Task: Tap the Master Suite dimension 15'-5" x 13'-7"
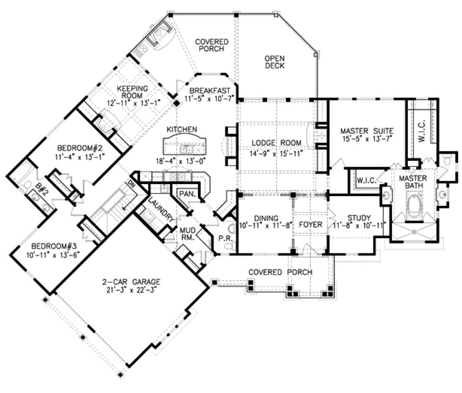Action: click(x=368, y=139)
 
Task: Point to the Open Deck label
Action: click(x=275, y=62)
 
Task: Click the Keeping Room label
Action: click(x=132, y=92)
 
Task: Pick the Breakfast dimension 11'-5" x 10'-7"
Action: click(x=209, y=98)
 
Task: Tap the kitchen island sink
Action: click(x=186, y=149)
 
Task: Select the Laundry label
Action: click(x=161, y=210)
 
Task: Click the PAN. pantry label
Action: click(x=188, y=194)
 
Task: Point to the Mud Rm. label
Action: click(x=187, y=234)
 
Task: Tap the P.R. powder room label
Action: click(x=226, y=238)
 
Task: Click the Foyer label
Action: click(x=310, y=225)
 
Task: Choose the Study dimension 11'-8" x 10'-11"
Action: click(x=359, y=225)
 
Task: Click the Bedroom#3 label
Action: click(x=54, y=246)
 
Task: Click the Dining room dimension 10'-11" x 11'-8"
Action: click(x=266, y=225)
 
